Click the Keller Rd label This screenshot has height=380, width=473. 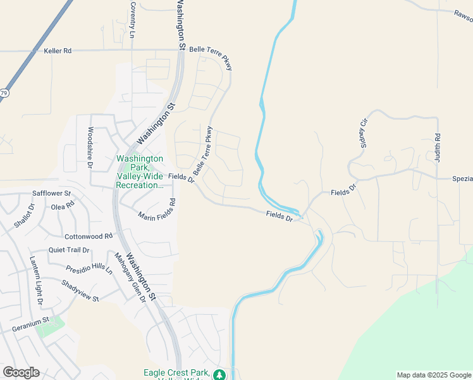tap(58, 50)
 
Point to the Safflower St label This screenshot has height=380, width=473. tap(52, 193)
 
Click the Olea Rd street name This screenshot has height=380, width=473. tap(63, 206)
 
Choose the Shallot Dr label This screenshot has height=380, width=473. tap(24, 216)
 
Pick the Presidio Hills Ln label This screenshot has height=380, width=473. tap(89, 269)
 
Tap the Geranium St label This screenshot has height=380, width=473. tap(30, 329)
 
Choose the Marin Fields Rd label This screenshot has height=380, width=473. tap(157, 210)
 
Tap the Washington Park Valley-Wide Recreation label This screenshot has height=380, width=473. tap(140, 172)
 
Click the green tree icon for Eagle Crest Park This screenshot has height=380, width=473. tap(219, 375)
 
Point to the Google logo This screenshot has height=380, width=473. tap(21, 372)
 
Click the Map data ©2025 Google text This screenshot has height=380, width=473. tap(434, 375)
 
